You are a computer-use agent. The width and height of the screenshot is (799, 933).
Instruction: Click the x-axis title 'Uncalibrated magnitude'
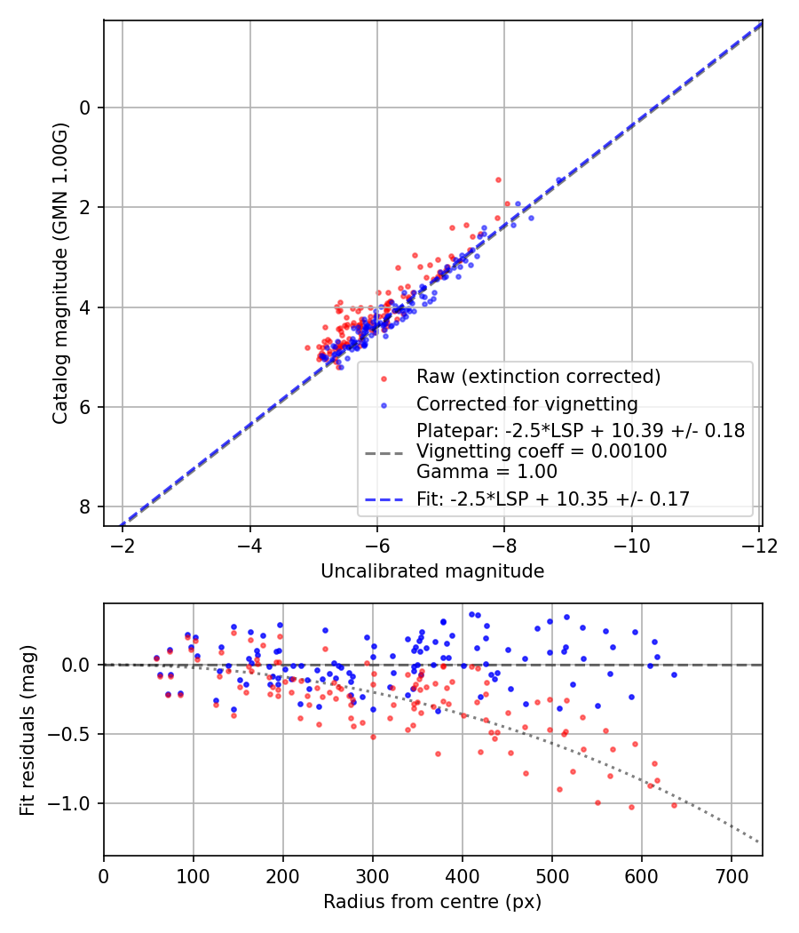point(432,571)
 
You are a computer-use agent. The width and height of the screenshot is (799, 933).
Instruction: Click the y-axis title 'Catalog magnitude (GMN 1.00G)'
point(59,273)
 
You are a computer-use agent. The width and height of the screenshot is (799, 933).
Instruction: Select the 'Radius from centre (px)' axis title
point(432,902)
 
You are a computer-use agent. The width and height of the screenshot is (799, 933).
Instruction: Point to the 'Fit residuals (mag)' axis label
point(28,730)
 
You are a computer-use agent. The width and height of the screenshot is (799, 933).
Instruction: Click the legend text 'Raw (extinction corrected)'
point(538,377)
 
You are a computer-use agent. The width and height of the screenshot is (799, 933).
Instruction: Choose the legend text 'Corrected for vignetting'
point(527,404)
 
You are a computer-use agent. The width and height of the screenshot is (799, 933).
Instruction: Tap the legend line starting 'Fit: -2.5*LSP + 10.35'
point(553,498)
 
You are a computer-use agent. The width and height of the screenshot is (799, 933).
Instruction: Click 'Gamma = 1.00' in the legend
point(487,471)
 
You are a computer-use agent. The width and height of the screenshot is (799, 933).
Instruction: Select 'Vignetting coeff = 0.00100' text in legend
point(542,451)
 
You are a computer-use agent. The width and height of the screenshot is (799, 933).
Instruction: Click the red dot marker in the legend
point(384,378)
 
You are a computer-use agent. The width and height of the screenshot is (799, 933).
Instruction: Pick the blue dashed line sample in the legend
point(384,499)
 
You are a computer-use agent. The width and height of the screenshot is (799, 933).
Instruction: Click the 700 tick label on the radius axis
point(731,874)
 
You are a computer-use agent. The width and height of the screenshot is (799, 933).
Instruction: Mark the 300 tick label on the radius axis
point(373,874)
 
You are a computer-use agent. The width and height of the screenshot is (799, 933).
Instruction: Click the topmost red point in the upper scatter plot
point(498,179)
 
